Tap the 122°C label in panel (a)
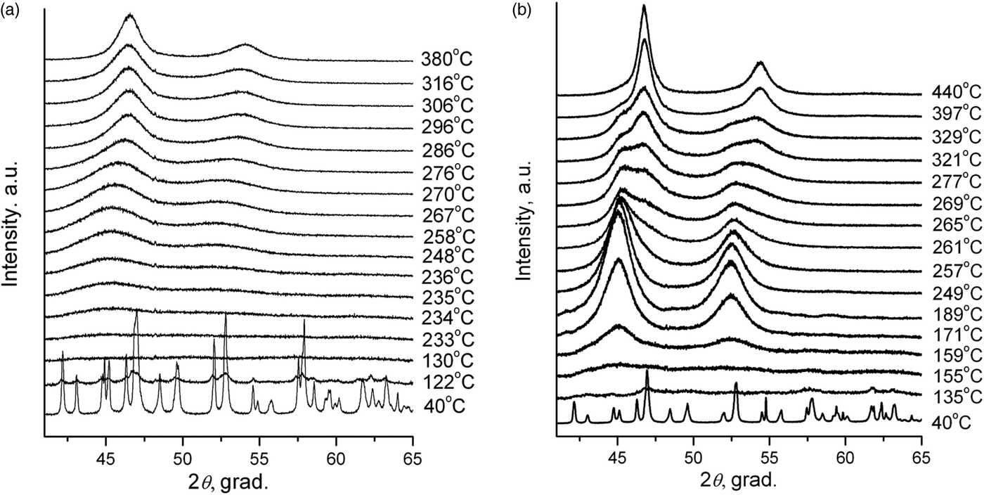(x=448, y=382)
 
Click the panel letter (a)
(x=11, y=9)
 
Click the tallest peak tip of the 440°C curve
(x=644, y=6)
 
